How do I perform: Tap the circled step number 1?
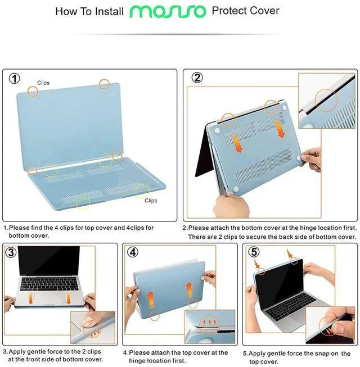[13, 78]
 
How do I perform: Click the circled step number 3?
[11, 252]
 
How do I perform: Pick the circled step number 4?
[133, 252]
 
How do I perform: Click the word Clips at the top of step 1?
[43, 83]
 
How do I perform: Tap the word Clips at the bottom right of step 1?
[151, 201]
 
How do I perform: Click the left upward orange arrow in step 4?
[151, 296]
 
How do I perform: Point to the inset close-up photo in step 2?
[327, 98]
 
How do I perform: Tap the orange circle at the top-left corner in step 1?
[33, 90]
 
